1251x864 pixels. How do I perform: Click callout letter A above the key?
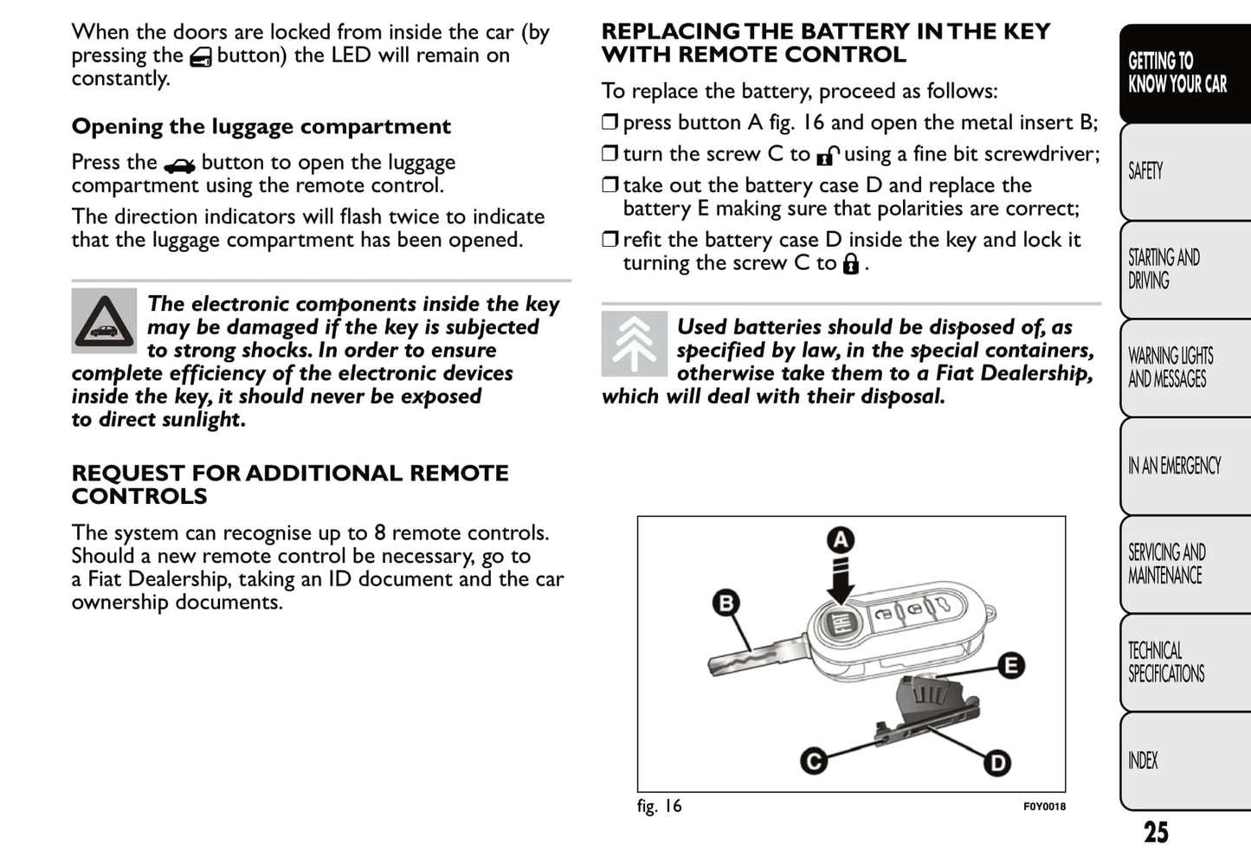click(x=840, y=540)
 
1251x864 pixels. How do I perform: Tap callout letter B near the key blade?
click(x=725, y=603)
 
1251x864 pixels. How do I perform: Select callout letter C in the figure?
click(x=813, y=761)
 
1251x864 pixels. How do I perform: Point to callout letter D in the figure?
click(x=997, y=763)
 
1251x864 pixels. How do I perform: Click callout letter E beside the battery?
click(x=1010, y=665)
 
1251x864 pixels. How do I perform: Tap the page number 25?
click(x=1156, y=833)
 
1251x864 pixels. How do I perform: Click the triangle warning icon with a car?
click(x=104, y=321)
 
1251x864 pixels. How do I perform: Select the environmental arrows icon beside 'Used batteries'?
click(x=634, y=344)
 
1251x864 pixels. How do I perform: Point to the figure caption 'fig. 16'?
click(x=659, y=806)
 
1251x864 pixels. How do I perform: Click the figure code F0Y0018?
click(x=1044, y=807)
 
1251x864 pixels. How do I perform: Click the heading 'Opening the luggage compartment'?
click(x=261, y=126)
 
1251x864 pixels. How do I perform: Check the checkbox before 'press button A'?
click(x=610, y=122)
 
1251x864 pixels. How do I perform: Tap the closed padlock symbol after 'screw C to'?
click(x=851, y=264)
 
